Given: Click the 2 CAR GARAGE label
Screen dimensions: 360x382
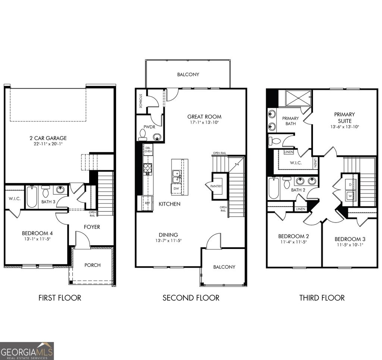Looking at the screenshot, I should point(48,138).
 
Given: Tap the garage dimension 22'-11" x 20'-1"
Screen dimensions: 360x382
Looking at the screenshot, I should point(48,144).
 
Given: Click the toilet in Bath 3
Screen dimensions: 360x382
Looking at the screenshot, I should point(46,192).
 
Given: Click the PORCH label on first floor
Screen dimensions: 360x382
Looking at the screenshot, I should point(93,265).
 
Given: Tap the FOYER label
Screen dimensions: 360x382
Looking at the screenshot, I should point(91,227).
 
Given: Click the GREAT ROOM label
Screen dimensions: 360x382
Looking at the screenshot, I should point(204,117).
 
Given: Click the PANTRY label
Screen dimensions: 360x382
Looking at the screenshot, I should point(216,186).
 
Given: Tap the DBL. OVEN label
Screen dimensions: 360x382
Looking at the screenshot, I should point(148,149).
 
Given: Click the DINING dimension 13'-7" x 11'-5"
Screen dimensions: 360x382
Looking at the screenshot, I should point(168,241).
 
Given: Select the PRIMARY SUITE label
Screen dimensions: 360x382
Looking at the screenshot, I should point(344,117).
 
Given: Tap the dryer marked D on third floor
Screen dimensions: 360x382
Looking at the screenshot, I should point(350,184).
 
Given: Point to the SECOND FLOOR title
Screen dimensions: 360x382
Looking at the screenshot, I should point(191,298).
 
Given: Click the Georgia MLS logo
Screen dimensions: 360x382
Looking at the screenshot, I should point(27,351).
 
